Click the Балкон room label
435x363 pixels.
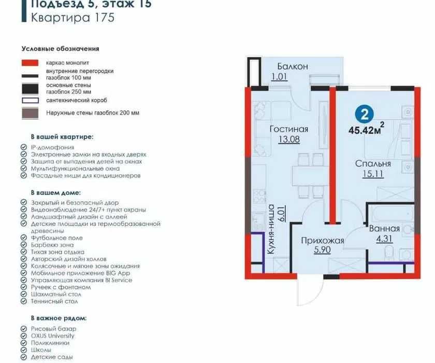293,67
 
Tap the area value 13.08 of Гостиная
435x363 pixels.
289,139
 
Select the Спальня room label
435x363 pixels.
373,163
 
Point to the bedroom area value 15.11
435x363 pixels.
373,174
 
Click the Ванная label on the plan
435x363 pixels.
384,229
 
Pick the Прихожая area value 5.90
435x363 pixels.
322,250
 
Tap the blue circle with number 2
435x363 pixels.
364,114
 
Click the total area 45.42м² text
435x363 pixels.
366,129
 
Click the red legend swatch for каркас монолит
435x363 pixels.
30,63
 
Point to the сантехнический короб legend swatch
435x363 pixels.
30,100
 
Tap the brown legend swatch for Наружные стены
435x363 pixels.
30,114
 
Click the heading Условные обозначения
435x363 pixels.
61,49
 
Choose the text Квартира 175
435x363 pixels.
72,18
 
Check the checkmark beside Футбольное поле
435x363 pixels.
24,238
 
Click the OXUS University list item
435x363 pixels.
53,336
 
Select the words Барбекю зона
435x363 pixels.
52,245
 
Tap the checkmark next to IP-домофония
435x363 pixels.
24,147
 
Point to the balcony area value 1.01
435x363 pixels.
279,76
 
